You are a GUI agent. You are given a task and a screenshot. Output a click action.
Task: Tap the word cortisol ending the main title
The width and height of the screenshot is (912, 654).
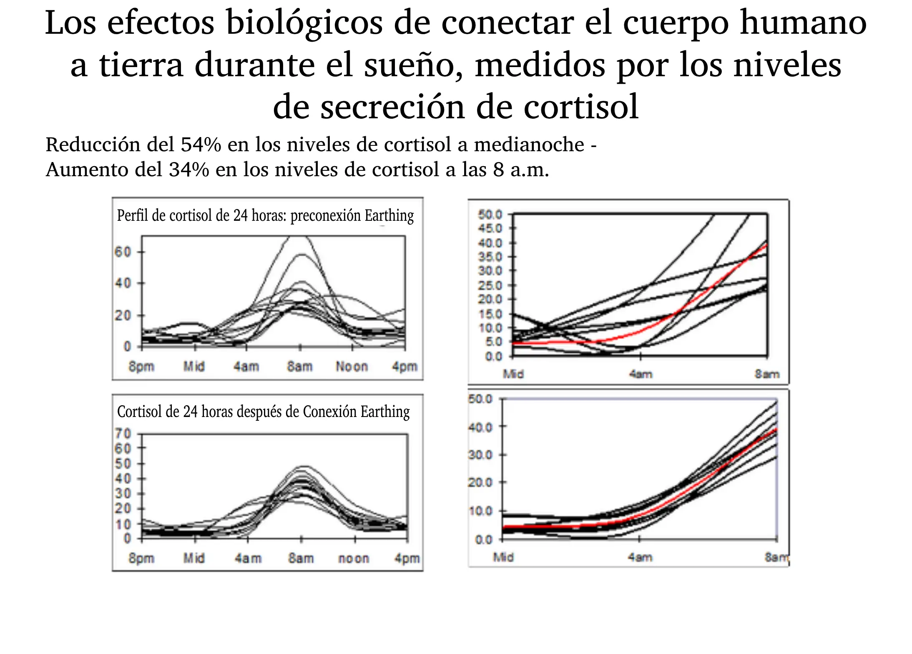(581, 107)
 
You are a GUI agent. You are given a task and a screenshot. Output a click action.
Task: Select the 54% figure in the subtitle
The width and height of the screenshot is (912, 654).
(201, 145)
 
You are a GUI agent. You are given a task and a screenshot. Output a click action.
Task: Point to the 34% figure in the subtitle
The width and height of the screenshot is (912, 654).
(189, 170)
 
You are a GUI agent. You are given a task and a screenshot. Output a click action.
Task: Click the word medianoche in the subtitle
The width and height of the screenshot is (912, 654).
(529, 145)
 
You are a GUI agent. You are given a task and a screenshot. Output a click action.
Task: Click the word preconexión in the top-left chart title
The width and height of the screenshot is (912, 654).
(325, 216)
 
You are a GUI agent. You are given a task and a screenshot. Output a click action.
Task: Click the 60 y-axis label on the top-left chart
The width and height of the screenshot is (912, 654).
(123, 252)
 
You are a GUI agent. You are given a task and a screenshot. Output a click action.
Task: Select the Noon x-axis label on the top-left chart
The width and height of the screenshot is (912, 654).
(352, 367)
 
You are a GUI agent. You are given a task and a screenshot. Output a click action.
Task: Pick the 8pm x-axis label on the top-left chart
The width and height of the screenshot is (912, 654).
(141, 367)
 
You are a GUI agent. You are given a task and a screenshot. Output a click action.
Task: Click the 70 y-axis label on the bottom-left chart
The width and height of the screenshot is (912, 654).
(123, 434)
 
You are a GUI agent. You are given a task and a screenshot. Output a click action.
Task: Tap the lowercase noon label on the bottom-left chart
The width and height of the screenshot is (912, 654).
(354, 558)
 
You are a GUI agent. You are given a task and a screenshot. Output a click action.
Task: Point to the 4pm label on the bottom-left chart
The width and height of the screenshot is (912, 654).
(407, 558)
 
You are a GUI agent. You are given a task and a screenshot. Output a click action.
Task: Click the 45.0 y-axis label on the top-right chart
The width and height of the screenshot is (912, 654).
(490, 228)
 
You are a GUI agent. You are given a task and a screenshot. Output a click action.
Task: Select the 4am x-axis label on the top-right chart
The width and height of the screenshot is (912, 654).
(641, 374)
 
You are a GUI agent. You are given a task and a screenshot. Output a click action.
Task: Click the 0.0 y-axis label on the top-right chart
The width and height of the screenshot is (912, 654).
(494, 357)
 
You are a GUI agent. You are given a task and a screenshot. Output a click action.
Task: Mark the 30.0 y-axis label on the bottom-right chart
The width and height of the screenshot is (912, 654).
(480, 454)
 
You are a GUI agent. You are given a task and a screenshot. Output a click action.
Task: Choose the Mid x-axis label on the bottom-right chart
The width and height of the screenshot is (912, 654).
(503, 557)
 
